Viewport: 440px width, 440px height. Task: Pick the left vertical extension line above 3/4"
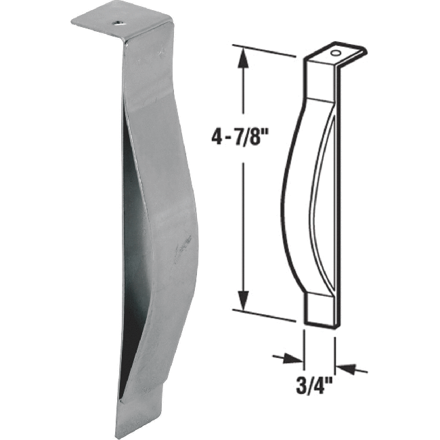tap(303, 345)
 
